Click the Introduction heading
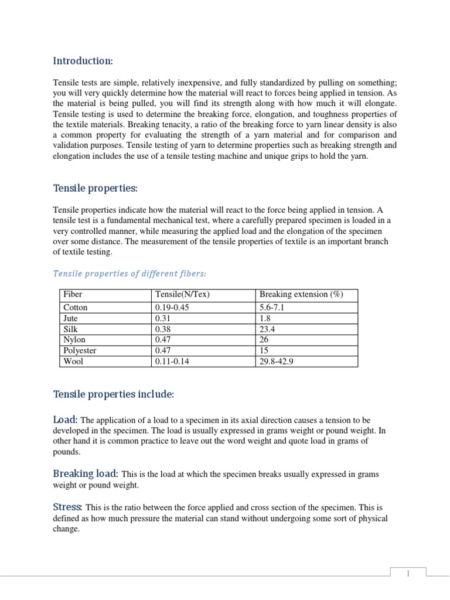pyautogui.click(x=83, y=61)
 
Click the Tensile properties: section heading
pyautogui.click(x=96, y=188)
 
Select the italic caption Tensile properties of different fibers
pyautogui.click(x=129, y=273)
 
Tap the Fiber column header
pyautogui.click(x=73, y=295)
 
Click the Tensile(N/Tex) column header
pyautogui.click(x=182, y=295)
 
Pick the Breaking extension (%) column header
pyautogui.click(x=301, y=295)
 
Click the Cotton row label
pyautogui.click(x=76, y=307)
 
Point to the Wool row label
pyautogui.click(x=73, y=362)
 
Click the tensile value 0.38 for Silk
pyautogui.click(x=162, y=329)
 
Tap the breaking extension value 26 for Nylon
pyautogui.click(x=264, y=340)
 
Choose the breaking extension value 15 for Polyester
pyautogui.click(x=264, y=350)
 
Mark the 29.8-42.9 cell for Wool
pyautogui.click(x=277, y=362)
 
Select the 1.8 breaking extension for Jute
pyautogui.click(x=265, y=318)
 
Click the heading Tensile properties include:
pyautogui.click(x=114, y=395)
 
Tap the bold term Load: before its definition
pyautogui.click(x=66, y=420)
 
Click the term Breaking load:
pyautogui.click(x=86, y=473)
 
